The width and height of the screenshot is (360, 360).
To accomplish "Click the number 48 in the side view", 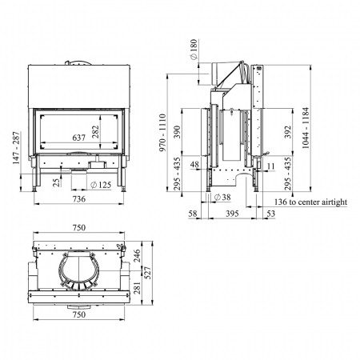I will (196, 166).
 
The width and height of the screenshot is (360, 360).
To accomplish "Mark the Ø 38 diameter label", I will (223, 196).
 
